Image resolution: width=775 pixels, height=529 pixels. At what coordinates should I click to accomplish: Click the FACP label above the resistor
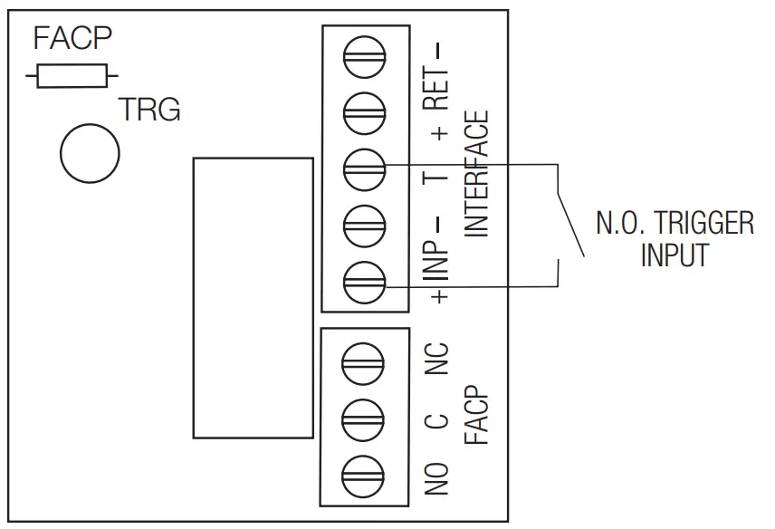(x=72, y=39)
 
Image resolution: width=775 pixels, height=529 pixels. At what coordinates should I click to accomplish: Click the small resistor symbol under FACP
(x=72, y=76)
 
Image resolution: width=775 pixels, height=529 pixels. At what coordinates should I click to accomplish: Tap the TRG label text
(x=150, y=111)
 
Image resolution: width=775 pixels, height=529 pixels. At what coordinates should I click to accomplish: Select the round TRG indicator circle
(x=90, y=151)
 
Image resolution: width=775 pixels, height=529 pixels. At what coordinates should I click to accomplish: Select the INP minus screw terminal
(x=365, y=223)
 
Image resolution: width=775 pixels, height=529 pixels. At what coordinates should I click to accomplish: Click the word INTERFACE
(x=477, y=174)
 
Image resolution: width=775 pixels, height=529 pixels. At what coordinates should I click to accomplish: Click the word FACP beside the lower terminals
(x=477, y=418)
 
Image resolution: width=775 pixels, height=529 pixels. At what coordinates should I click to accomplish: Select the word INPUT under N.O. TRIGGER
(x=675, y=255)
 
